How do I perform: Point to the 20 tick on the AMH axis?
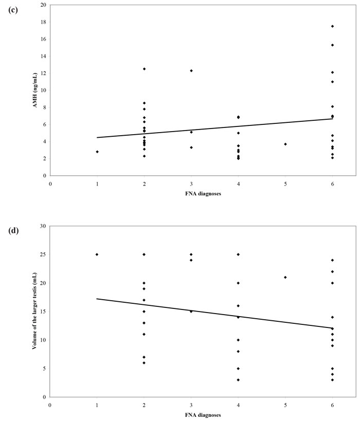42,5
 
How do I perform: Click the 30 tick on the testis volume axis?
42,226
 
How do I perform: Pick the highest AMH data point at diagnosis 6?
332,26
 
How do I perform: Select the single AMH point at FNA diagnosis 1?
97,152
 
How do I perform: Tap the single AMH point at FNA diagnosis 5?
285,144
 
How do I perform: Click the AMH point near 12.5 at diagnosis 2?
144,69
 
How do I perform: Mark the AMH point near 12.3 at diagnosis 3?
191,70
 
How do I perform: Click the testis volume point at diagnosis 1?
97,254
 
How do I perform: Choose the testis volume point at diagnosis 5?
285,278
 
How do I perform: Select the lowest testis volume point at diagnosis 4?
238,380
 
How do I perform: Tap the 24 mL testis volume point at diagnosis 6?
332,260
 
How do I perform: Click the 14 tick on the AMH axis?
42,56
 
